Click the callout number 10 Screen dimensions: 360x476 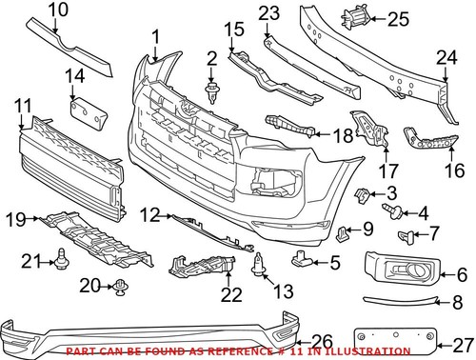tap(59, 10)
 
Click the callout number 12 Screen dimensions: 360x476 tap(146, 215)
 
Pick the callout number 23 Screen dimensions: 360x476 tap(269, 13)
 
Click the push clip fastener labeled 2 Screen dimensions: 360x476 tap(211, 92)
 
